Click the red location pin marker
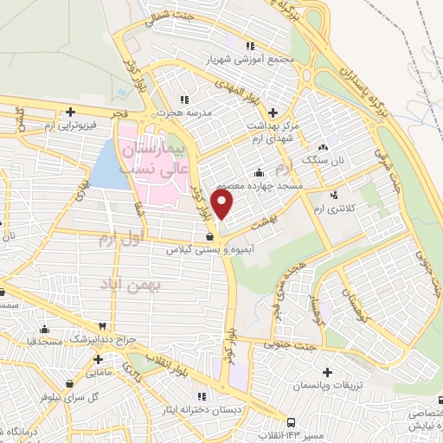[223, 205]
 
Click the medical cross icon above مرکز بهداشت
[273, 112]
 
